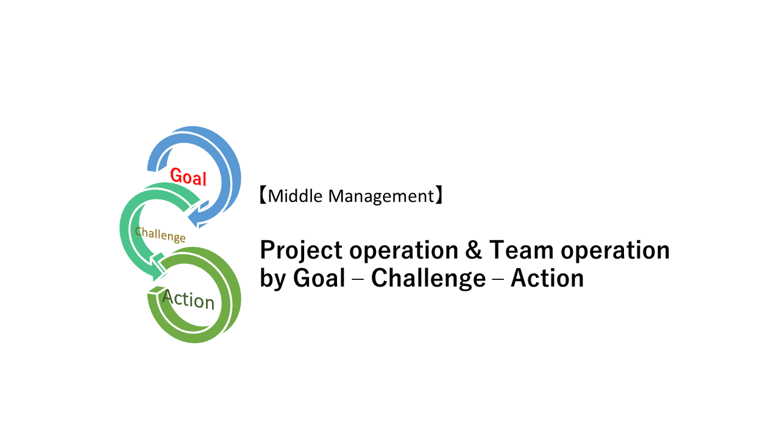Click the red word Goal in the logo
click(188, 177)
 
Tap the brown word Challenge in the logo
click(160, 234)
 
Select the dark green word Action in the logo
click(188, 299)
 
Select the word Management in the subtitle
click(381, 197)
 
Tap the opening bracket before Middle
click(263, 195)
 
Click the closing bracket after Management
click(439, 195)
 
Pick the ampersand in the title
click(473, 250)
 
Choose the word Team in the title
click(521, 250)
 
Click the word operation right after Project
click(403, 251)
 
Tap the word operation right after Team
click(615, 251)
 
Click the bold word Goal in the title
click(319, 278)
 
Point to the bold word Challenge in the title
click(428, 279)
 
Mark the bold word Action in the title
click(547, 278)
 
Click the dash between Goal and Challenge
click(358, 279)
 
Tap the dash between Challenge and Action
click(498, 279)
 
